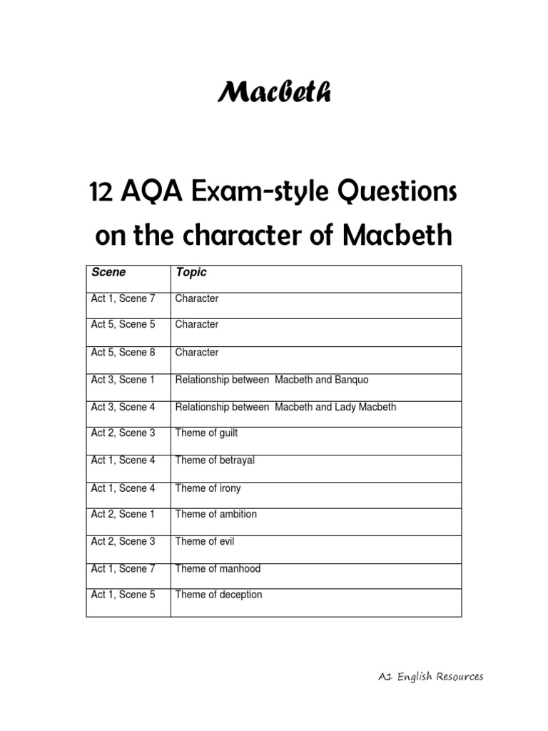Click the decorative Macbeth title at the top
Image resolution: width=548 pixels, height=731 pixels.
pyautogui.click(x=274, y=92)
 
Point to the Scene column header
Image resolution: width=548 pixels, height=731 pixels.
pyautogui.click(x=108, y=272)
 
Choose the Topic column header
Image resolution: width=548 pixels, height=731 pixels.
pyautogui.click(x=191, y=272)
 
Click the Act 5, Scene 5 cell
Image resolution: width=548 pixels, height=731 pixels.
pyautogui.click(x=123, y=325)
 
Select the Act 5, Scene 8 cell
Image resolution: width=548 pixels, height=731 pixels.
pyautogui.click(x=123, y=353)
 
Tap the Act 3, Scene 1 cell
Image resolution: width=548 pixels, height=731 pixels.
pyautogui.click(x=123, y=380)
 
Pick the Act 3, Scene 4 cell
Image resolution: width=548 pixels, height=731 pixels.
pyautogui.click(x=123, y=407)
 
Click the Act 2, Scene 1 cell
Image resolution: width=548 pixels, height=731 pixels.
pyautogui.click(x=123, y=514)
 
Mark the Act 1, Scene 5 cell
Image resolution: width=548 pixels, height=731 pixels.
pyautogui.click(x=123, y=595)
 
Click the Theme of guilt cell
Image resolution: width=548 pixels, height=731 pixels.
pyautogui.click(x=206, y=433)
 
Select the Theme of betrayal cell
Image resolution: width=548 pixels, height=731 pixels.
pyautogui.click(x=215, y=460)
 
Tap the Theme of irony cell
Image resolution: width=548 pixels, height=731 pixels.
pyautogui.click(x=208, y=488)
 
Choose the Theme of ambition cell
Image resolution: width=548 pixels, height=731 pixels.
pyautogui.click(x=215, y=514)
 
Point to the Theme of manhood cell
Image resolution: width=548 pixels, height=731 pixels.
pyautogui.click(x=218, y=569)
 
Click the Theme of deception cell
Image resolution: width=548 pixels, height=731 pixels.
pyautogui.click(x=218, y=595)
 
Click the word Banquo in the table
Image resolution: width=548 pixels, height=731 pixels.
pyautogui.click(x=352, y=380)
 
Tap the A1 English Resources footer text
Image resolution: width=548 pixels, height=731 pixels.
pyautogui.click(x=430, y=677)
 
